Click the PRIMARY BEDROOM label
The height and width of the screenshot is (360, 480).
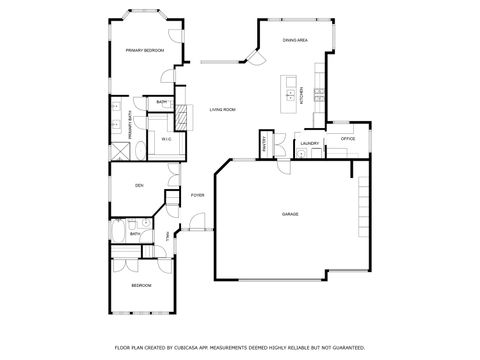click(x=144, y=50)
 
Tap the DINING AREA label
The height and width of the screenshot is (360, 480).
click(x=294, y=40)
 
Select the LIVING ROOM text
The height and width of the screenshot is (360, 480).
click(x=222, y=109)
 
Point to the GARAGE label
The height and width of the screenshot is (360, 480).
click(x=290, y=214)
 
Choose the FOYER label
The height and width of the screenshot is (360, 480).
click(x=197, y=195)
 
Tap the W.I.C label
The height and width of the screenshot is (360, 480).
click(x=167, y=139)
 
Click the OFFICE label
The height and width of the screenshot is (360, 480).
click(x=348, y=139)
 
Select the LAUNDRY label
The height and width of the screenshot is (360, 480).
click(x=309, y=144)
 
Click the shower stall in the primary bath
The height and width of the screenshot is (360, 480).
click(x=120, y=150)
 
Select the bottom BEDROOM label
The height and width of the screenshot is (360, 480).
click(x=141, y=285)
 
